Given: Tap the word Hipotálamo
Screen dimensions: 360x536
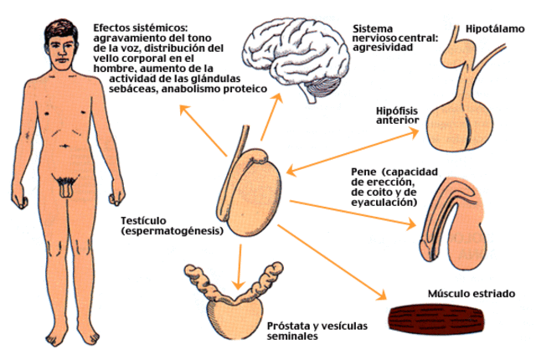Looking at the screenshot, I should (495, 28).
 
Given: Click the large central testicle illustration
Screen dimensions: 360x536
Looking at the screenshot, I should (255, 191).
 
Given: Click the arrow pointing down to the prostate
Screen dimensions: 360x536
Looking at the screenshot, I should (240, 260).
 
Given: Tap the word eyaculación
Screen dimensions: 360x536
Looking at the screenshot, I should (382, 202).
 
